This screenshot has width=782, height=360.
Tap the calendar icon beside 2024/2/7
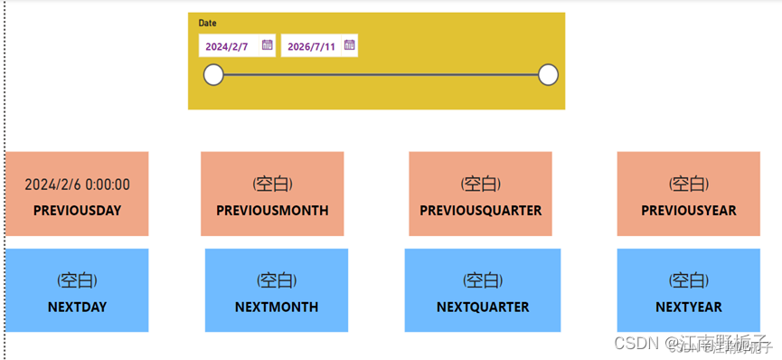[267, 44]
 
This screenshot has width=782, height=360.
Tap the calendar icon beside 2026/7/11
[349, 44]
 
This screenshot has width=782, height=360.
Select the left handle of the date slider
[213, 75]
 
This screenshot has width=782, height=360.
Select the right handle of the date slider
[548, 75]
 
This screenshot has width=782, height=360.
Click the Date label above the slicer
[208, 23]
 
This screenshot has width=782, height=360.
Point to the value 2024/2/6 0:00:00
[77, 185]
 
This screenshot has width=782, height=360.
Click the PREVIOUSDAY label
[77, 211]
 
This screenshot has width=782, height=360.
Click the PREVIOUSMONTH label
[272, 211]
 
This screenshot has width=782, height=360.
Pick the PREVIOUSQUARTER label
[480, 211]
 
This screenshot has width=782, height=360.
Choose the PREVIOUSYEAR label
[689, 211]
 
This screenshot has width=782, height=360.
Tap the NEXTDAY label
[77, 307]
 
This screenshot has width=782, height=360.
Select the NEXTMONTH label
[277, 307]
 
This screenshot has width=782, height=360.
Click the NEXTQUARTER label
[483, 307]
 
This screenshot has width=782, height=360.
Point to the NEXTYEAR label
[689, 307]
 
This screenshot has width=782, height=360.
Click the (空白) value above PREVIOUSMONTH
[272, 185]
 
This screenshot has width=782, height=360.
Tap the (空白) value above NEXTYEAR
[689, 280]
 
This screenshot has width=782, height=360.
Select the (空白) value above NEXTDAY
[77, 280]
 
